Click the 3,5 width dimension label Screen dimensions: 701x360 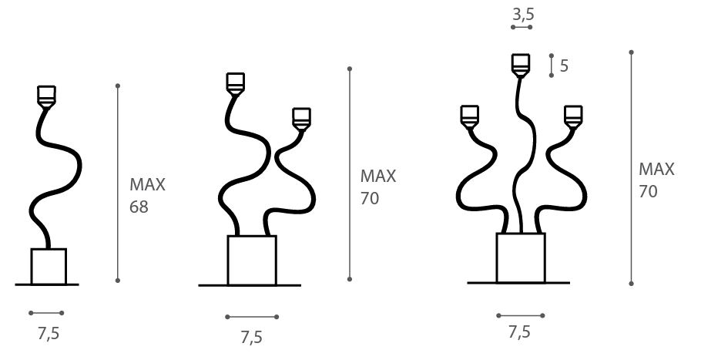(523, 15)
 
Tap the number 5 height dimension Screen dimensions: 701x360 (564, 66)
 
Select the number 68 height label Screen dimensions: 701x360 (139, 207)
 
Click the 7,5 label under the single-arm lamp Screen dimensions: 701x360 (49, 334)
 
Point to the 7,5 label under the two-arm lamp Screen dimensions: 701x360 (251, 337)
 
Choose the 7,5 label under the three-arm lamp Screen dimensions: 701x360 (519, 332)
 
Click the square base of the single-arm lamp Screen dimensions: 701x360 (49, 267)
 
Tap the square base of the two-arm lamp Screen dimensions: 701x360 (252, 261)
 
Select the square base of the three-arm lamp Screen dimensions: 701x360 (521, 258)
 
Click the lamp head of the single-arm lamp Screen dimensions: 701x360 (46, 96)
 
